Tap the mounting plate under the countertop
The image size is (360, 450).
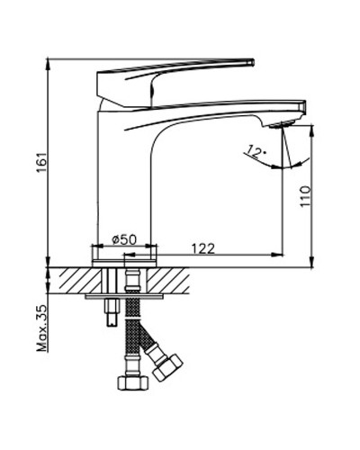point(126,294)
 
